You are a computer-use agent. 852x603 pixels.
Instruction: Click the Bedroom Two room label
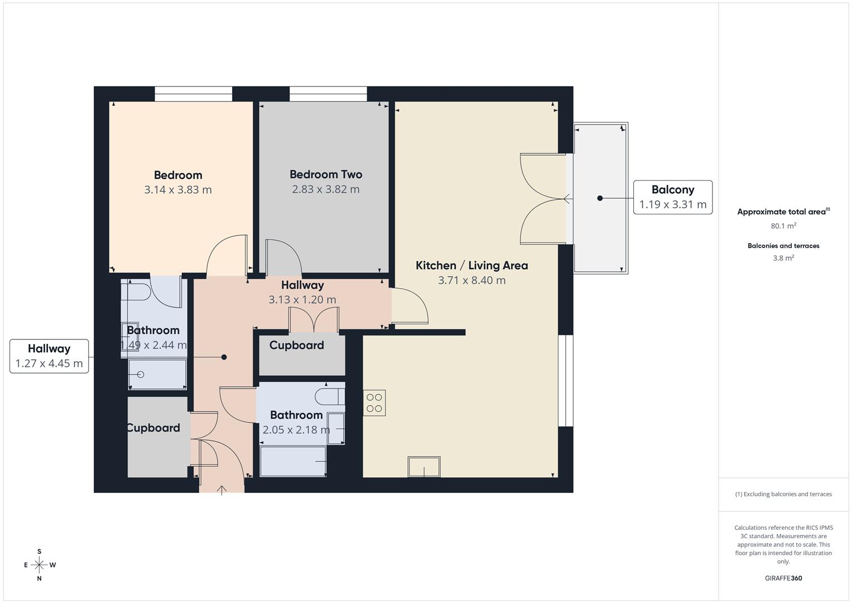(x=326, y=175)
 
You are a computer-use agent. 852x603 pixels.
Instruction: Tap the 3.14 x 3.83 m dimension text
(x=178, y=190)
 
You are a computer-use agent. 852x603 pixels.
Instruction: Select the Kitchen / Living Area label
(x=471, y=266)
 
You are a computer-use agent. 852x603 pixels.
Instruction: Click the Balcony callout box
(x=672, y=197)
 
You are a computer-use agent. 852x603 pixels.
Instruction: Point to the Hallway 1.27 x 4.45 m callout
(x=49, y=356)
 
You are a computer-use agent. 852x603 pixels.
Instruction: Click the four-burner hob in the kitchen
(x=374, y=403)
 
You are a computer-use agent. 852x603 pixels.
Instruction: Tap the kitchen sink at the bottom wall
(x=424, y=467)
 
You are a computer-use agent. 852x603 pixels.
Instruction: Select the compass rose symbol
(x=39, y=565)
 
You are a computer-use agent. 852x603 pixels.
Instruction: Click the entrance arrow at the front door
(x=222, y=490)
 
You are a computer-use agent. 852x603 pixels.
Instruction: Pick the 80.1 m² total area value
(x=783, y=226)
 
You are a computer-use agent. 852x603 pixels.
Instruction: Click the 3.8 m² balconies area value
(x=783, y=259)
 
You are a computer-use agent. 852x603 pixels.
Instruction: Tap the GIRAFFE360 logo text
(x=783, y=578)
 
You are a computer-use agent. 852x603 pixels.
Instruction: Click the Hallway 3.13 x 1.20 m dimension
(x=302, y=300)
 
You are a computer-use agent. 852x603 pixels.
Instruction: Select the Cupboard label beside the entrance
(x=153, y=428)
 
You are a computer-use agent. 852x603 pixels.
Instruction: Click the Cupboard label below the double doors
(x=296, y=346)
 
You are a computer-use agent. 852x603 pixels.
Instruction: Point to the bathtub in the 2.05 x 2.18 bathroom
(x=293, y=461)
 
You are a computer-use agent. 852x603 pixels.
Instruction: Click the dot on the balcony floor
(x=600, y=198)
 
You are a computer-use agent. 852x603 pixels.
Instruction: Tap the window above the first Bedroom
(x=193, y=94)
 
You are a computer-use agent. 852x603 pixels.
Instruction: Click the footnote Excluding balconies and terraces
(x=783, y=494)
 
